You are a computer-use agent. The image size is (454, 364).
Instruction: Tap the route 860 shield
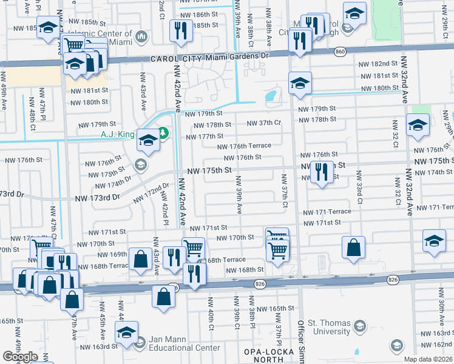[339, 53]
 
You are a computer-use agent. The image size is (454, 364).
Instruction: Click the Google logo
[20, 357]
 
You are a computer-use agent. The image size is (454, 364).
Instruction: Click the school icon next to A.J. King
[147, 141]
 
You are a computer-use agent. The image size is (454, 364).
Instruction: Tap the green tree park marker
[163, 133]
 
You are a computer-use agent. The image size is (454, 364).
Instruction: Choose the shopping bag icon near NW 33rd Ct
[353, 247]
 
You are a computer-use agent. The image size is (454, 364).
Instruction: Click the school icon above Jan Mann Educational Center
[126, 332]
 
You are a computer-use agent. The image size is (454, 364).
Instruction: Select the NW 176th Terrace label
[245, 146]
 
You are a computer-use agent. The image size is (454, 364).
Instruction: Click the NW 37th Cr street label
[263, 123]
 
